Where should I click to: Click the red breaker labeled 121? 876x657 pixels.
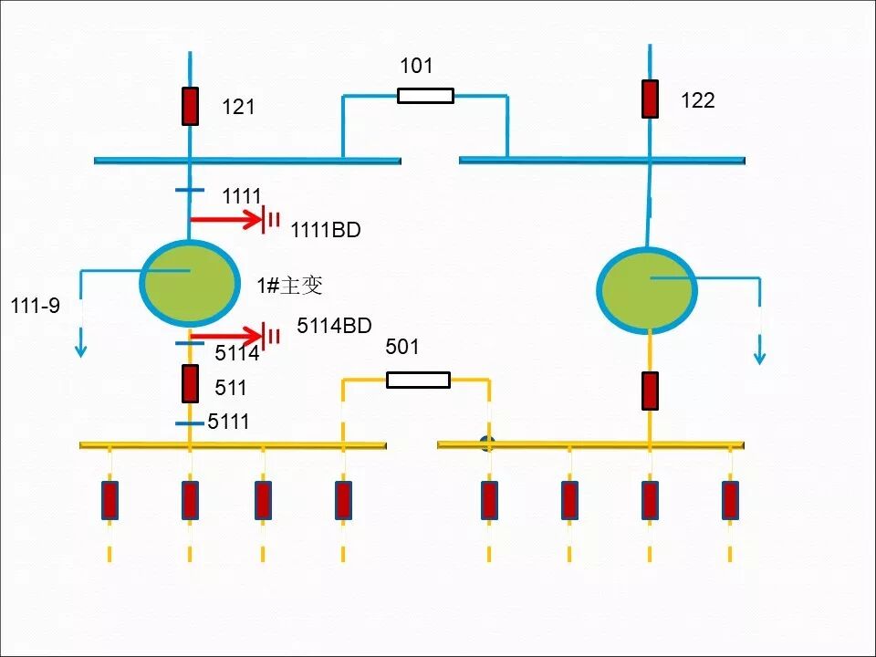pyautogui.click(x=190, y=106)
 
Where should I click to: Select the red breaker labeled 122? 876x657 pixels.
pyautogui.click(x=650, y=99)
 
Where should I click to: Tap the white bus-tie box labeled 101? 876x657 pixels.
pyautogui.click(x=425, y=95)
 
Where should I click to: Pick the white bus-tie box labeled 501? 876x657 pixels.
pyautogui.click(x=418, y=380)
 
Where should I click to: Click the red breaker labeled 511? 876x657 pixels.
pyautogui.click(x=190, y=383)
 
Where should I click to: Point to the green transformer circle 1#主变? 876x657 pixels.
pyautogui.click(x=189, y=283)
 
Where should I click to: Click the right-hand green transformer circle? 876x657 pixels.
pyautogui.click(x=647, y=290)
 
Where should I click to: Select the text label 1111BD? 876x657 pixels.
pyautogui.click(x=326, y=231)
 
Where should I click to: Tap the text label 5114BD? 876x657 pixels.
pyautogui.click(x=334, y=326)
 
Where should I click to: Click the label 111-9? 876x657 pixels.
pyautogui.click(x=36, y=306)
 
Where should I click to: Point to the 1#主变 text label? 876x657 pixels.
pyautogui.click(x=289, y=286)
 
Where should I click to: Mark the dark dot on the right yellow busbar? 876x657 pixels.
pyautogui.click(x=487, y=444)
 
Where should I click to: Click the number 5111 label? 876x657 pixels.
pyautogui.click(x=228, y=422)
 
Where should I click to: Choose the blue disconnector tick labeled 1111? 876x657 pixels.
pyautogui.click(x=190, y=192)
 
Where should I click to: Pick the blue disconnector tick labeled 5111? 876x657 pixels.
pyautogui.click(x=190, y=424)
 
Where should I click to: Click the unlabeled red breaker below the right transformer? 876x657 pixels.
pyautogui.click(x=650, y=391)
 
